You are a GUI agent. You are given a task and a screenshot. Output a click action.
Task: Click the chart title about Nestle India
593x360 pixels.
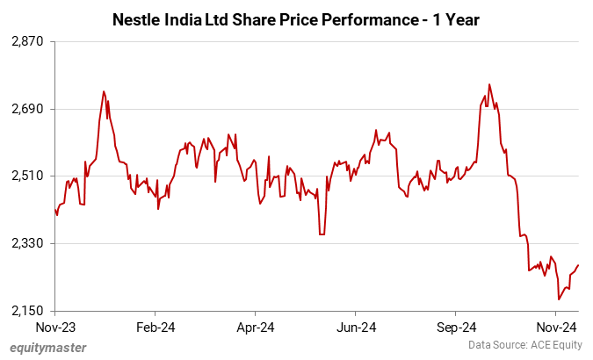coord(296,18)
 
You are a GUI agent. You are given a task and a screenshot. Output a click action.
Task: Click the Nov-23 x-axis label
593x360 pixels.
coord(54,328)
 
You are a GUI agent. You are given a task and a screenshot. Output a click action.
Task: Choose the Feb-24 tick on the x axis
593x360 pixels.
coord(155,328)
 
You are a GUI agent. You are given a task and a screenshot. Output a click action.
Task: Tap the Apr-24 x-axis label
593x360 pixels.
coord(255,328)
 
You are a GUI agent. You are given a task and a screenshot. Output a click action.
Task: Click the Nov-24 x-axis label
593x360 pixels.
coord(555,328)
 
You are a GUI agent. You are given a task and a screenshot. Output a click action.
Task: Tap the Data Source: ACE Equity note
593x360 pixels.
coord(524,347)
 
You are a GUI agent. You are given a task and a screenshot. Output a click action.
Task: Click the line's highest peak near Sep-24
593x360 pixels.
coord(489,85)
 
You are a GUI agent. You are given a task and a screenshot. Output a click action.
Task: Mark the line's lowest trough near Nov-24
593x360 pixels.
coord(559,299)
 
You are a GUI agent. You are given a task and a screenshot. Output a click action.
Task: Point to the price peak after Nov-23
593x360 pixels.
coord(104,91)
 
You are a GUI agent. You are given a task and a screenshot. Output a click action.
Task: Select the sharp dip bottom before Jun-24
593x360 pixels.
coord(322,234)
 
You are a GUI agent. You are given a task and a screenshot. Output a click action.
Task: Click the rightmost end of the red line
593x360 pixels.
coord(578,265)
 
